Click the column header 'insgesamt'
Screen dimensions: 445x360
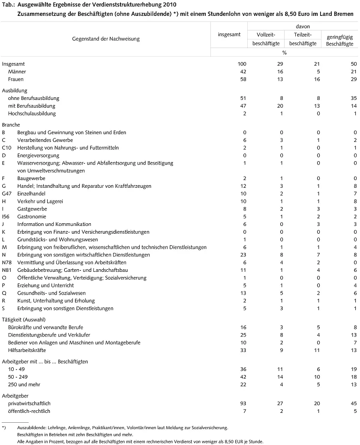(229, 35)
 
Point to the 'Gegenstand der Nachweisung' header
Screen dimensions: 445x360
(106, 39)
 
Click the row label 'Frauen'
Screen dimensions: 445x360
(16, 79)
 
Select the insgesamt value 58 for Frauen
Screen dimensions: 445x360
(243, 79)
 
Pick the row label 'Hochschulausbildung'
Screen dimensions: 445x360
(32, 114)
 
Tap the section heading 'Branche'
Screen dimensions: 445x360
(11, 125)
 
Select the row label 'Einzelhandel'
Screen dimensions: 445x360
(31, 194)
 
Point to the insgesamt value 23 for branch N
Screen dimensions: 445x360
(243, 255)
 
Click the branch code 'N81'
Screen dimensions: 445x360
(7, 271)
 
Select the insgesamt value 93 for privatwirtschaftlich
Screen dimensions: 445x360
(243, 403)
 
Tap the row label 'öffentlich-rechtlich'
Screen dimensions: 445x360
(29, 411)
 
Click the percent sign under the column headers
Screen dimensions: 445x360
(284, 53)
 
